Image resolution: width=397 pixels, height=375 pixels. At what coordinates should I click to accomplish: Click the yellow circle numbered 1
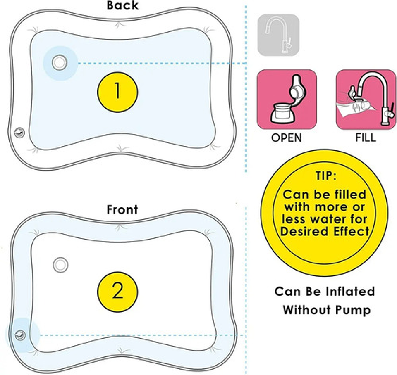(117, 91)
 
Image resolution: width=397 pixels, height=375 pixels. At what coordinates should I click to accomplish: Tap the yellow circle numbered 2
(117, 292)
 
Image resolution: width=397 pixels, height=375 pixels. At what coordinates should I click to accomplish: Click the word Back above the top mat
(122, 5)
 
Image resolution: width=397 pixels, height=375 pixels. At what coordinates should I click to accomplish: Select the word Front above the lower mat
(122, 209)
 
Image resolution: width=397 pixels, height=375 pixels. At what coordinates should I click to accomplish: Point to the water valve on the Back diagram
(59, 63)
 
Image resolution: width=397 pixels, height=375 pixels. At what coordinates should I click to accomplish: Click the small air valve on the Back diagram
(19, 133)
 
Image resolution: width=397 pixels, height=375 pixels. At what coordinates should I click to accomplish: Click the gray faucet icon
(278, 35)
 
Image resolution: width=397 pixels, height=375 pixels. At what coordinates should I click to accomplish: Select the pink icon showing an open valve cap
(287, 99)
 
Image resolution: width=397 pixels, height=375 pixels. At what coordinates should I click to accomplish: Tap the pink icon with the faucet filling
(366, 99)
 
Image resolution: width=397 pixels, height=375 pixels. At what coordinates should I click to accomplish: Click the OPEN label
(287, 138)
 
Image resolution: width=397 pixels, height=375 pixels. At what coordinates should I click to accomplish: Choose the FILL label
(366, 138)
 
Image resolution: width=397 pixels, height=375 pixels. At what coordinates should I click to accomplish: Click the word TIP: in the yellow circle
(324, 176)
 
